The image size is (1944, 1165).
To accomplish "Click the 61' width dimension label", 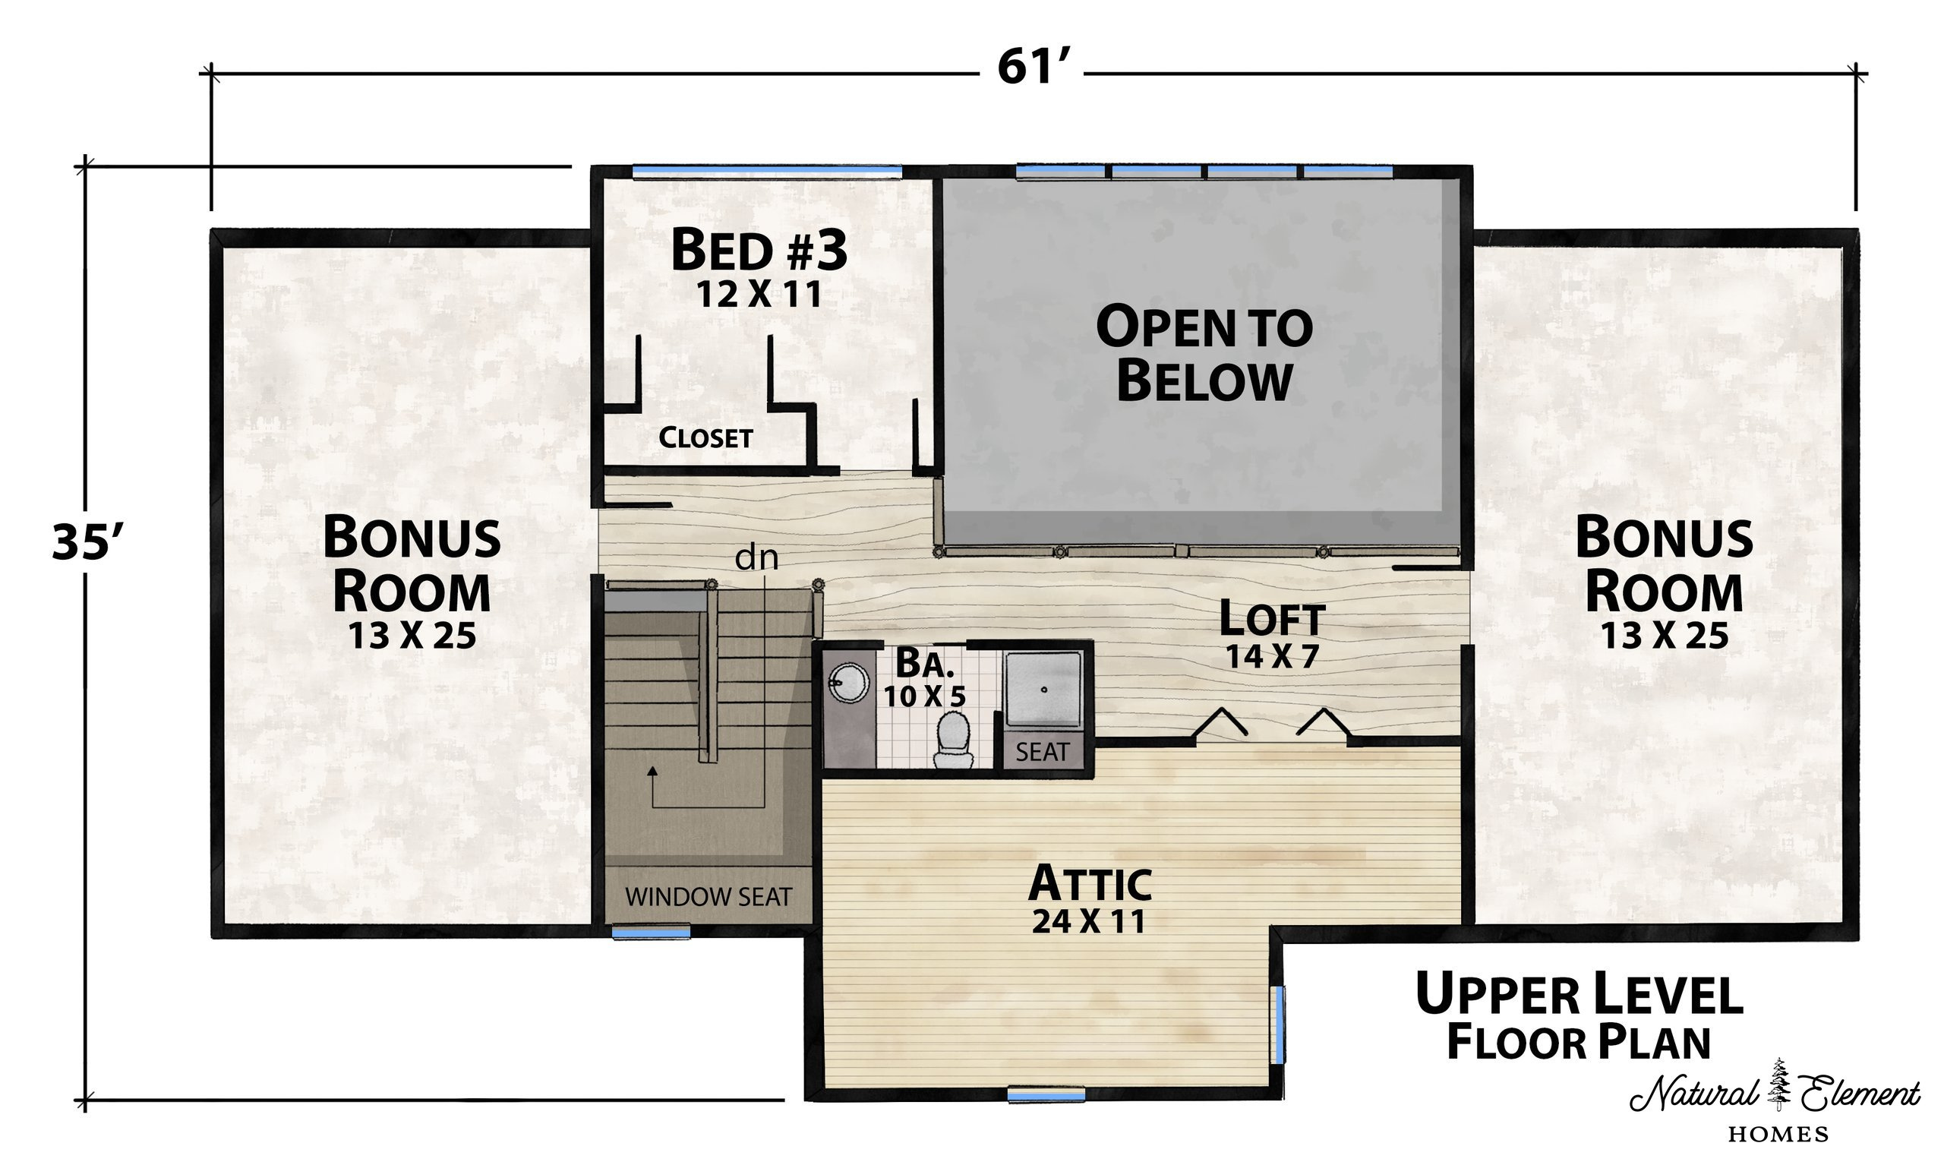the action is pyautogui.click(x=1034, y=67).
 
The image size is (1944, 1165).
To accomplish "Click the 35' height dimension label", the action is pyautogui.click(x=88, y=542).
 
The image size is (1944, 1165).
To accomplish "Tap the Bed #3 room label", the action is pyautogui.click(x=759, y=249).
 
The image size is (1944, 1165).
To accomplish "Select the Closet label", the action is pyautogui.click(x=705, y=437).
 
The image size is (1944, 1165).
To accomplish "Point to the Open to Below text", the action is pyautogui.click(x=1204, y=353).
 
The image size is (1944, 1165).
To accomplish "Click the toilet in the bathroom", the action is pyautogui.click(x=954, y=740).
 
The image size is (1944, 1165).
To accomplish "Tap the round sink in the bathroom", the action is pyautogui.click(x=848, y=683).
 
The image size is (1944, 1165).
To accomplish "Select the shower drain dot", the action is pyautogui.click(x=1045, y=690).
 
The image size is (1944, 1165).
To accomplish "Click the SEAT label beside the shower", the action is pyautogui.click(x=1041, y=752).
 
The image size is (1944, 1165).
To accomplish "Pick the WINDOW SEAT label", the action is pyautogui.click(x=708, y=896).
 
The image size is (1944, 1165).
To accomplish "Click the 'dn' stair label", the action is pyautogui.click(x=756, y=557).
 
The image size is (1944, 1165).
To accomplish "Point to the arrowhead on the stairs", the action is pyautogui.click(x=652, y=771).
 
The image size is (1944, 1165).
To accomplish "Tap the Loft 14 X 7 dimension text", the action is pyautogui.click(x=1271, y=656).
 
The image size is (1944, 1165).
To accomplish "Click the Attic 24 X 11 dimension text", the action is pyautogui.click(x=1088, y=921).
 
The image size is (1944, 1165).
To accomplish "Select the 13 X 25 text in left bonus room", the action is pyautogui.click(x=412, y=635).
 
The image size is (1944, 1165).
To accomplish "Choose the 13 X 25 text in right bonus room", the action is pyautogui.click(x=1664, y=635).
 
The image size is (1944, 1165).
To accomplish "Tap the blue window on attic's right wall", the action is pyautogui.click(x=1279, y=1025).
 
